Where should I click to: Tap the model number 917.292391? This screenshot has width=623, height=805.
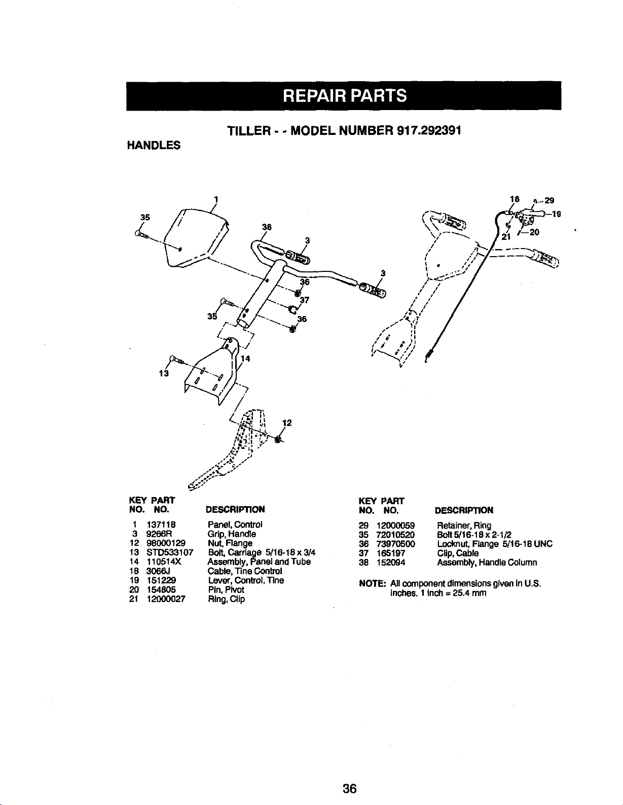point(429,130)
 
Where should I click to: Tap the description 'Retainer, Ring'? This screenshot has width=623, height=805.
point(464,526)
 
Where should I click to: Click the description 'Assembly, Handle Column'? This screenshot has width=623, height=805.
point(487,563)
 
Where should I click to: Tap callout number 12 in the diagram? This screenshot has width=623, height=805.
point(286,423)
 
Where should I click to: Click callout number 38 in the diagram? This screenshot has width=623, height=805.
point(264,227)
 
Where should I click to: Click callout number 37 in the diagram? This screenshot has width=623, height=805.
point(305,300)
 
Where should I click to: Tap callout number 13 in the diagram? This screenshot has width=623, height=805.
point(163,374)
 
